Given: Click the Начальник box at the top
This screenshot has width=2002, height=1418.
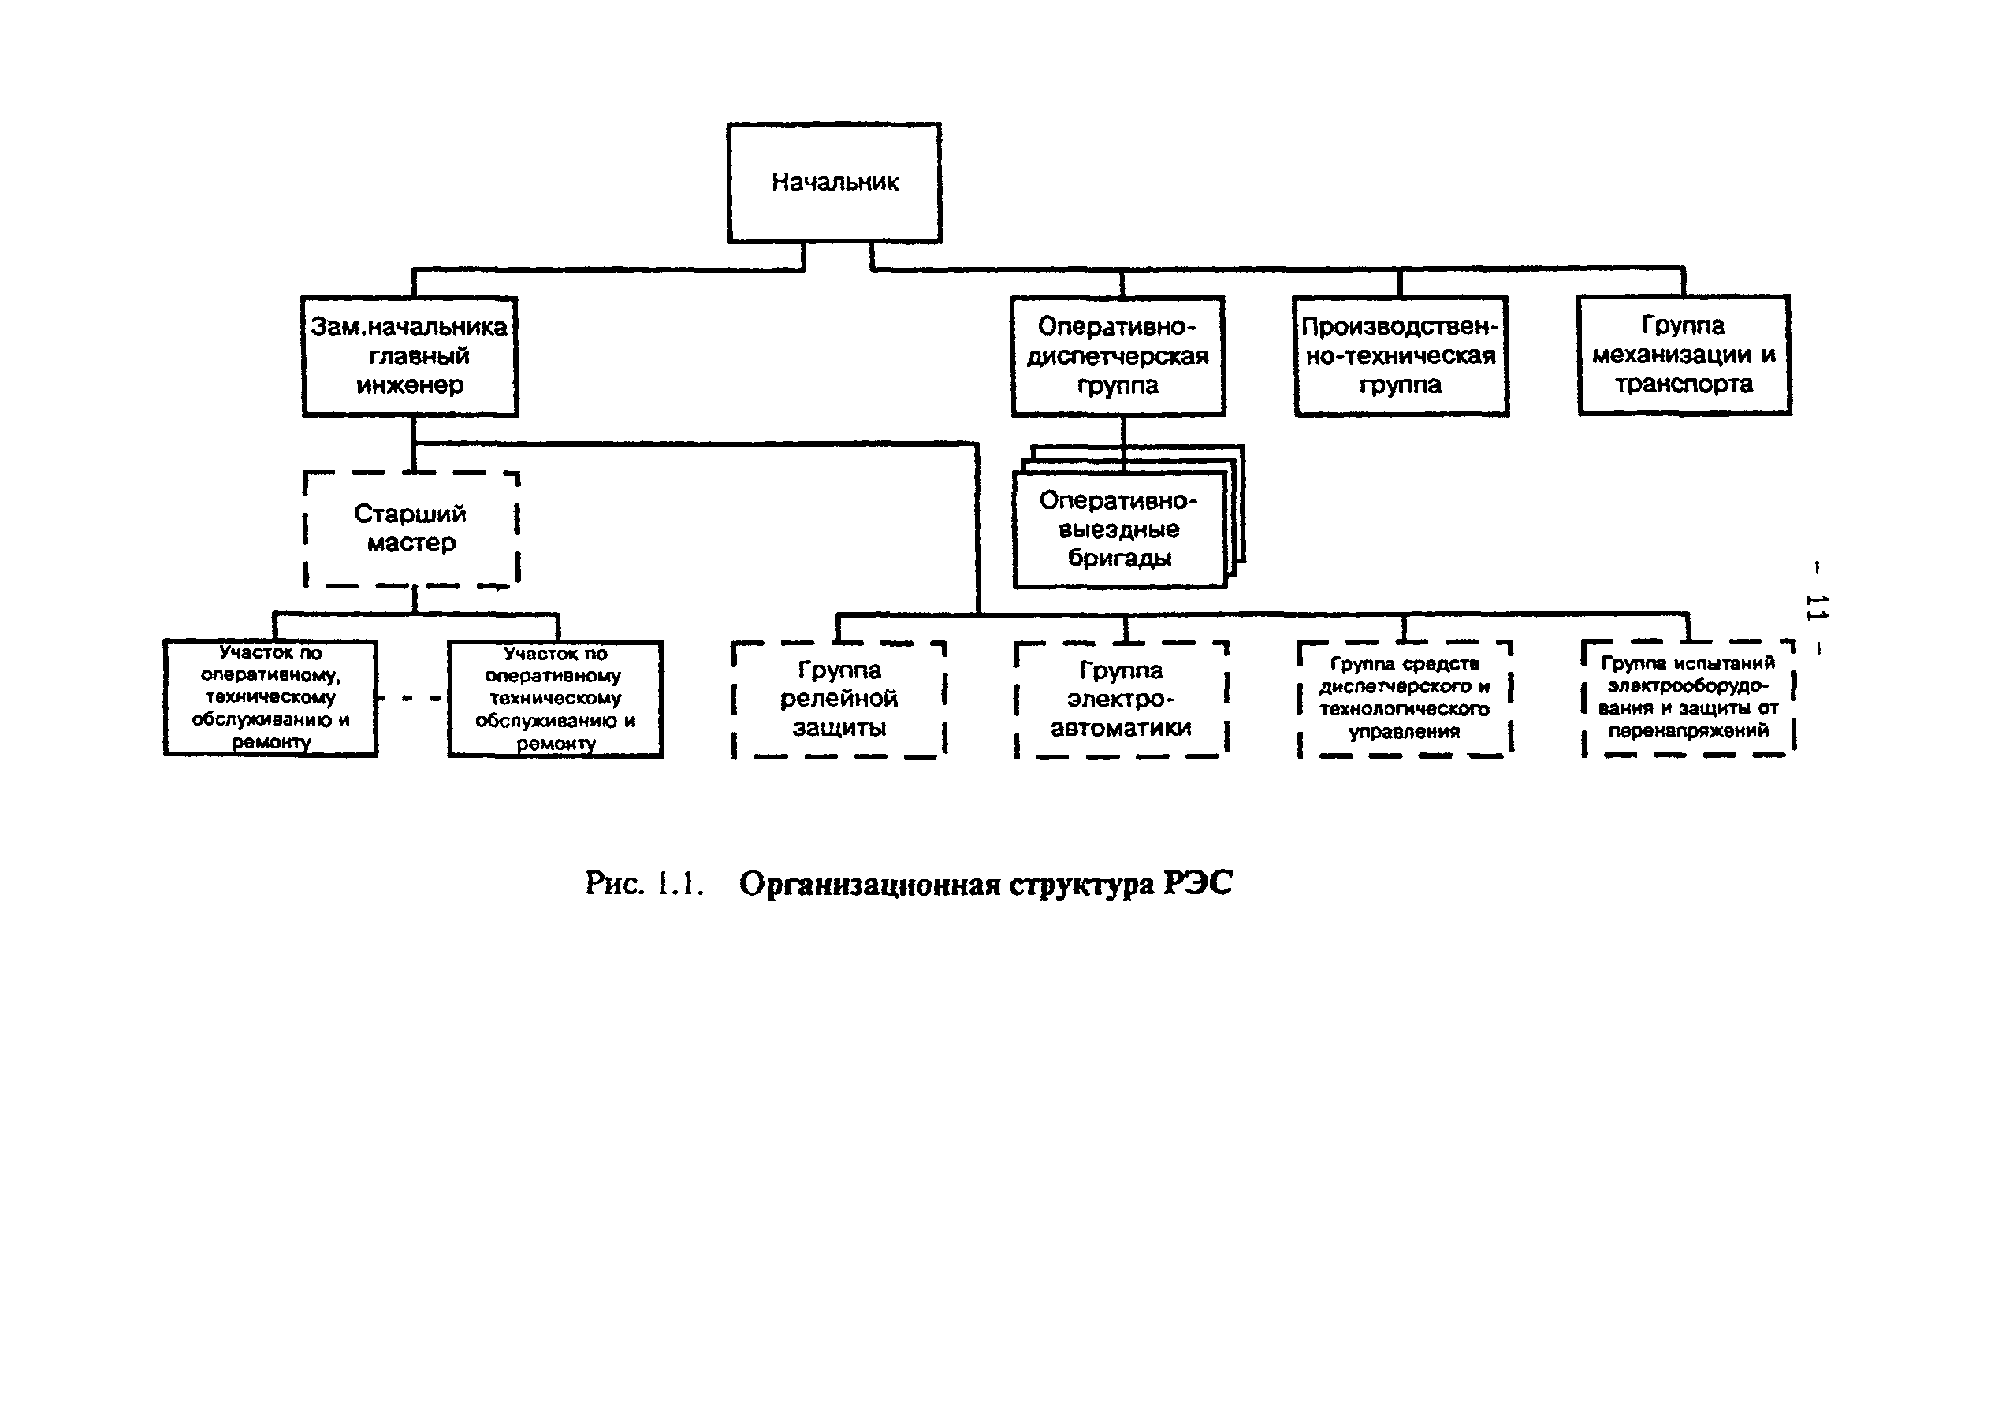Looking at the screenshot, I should click(x=834, y=183).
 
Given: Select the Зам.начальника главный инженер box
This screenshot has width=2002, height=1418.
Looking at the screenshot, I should click(x=410, y=355).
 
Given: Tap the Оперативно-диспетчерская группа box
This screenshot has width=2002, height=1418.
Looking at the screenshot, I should click(x=1118, y=355).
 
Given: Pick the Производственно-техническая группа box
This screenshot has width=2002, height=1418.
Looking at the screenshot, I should click(x=1401, y=355).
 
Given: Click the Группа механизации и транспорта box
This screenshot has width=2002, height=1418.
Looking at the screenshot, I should click(x=1684, y=354).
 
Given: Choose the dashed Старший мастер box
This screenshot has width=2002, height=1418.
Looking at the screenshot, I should click(x=411, y=529).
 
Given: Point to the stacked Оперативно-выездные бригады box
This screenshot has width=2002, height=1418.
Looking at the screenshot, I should click(x=1120, y=529).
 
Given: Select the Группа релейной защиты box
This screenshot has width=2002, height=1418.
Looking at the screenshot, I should click(x=839, y=700).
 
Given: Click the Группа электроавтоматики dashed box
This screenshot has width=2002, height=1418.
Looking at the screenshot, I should click(x=1122, y=700).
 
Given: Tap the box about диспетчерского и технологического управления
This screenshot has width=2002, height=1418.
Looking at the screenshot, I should click(x=1405, y=699).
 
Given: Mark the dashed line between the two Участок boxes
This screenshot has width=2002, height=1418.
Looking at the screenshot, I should click(x=412, y=699).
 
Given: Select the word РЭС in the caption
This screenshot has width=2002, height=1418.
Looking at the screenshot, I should click(x=1197, y=884).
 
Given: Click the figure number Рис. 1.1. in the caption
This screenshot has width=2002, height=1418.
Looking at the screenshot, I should click(x=644, y=884).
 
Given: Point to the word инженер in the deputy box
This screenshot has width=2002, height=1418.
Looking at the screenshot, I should click(x=410, y=385).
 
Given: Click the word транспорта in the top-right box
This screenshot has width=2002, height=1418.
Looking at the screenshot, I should click(x=1684, y=384).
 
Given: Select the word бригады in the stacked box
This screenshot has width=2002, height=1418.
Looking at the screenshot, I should click(x=1120, y=558).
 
